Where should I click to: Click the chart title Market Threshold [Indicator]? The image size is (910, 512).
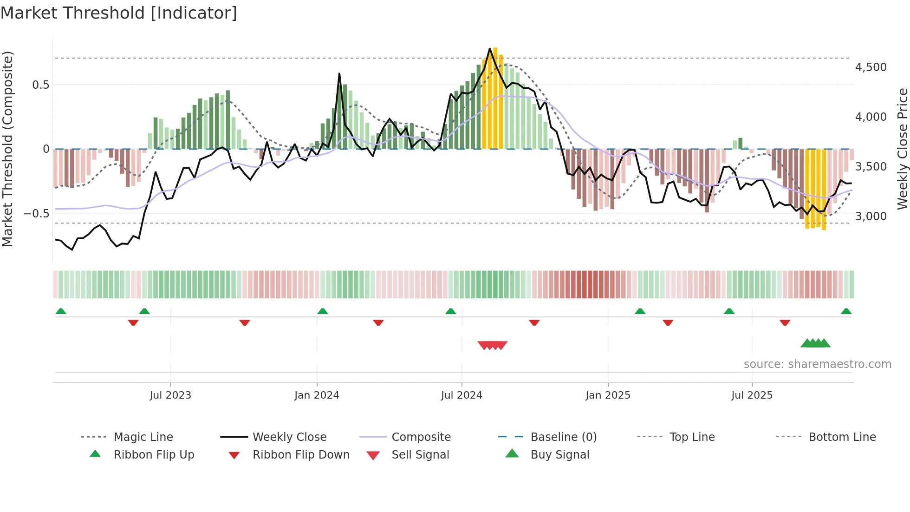tap(119, 13)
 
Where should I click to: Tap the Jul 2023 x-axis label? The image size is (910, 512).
tap(170, 395)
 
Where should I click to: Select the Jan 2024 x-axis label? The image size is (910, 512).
tap(317, 395)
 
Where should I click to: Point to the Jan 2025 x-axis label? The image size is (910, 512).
tap(608, 395)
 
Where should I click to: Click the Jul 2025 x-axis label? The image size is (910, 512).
tap(752, 395)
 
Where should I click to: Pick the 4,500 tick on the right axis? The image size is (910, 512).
tap(871, 67)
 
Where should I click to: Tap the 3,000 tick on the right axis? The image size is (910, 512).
tap(871, 216)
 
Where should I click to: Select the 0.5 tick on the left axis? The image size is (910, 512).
tap(40, 85)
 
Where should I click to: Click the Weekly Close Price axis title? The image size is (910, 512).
tap(902, 149)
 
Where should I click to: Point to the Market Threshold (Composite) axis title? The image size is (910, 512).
tap(7, 149)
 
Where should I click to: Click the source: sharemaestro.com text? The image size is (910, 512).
tap(817, 364)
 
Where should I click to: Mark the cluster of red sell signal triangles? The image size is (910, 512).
tap(493, 345)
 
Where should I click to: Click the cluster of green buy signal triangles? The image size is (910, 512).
tap(816, 343)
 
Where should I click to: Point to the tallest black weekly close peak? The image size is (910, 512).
tap(490, 49)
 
